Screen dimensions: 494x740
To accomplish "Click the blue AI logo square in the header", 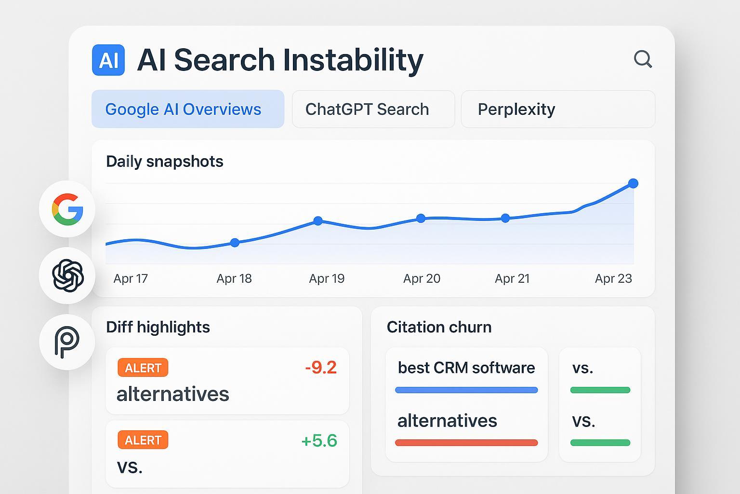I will tap(108, 60).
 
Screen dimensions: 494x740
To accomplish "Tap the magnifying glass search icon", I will tap(643, 59).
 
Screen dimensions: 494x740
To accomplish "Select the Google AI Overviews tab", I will tap(188, 109).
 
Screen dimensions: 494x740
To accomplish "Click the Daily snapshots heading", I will tap(165, 162).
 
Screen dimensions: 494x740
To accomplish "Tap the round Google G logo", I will tap(67, 209).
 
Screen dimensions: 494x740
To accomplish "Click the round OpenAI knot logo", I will tap(67, 275).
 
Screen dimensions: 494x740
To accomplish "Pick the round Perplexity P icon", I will tap(67, 342).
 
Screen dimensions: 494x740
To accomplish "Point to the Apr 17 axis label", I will tap(131, 279).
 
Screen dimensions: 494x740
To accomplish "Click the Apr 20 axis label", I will tap(422, 279).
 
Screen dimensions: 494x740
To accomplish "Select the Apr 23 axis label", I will tap(613, 279).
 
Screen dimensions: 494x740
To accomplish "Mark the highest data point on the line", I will tap(634, 183).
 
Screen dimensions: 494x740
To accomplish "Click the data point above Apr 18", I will tap(235, 243).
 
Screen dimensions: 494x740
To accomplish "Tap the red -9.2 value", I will tap(321, 368).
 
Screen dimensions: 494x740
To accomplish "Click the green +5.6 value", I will tap(319, 440).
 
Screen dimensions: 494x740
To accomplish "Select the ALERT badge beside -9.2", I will tap(143, 368).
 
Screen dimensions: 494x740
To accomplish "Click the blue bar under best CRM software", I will tap(466, 390).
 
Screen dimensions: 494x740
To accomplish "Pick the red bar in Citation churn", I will tap(466, 442).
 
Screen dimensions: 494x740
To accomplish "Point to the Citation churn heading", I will tap(439, 327).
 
